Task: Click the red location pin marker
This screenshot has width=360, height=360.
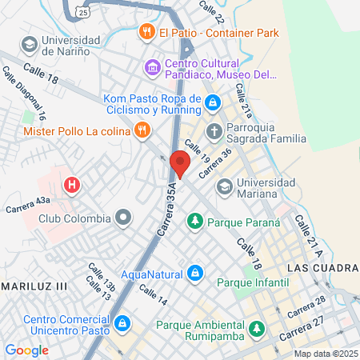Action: (180, 164)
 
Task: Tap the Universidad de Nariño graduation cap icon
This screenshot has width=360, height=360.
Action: (30, 42)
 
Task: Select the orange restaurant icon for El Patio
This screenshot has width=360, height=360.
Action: (146, 32)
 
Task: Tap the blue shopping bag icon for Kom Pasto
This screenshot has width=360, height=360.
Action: (213, 102)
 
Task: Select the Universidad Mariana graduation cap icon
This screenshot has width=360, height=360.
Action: (225, 187)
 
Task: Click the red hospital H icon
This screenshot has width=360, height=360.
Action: (73, 186)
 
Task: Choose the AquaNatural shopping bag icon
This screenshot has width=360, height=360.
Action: (194, 274)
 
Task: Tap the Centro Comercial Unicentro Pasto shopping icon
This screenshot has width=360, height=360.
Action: (122, 323)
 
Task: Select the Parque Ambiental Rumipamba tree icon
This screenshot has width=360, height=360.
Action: (256, 328)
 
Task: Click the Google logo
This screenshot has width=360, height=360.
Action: (26, 350)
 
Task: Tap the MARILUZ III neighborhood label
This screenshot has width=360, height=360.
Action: (34, 285)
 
